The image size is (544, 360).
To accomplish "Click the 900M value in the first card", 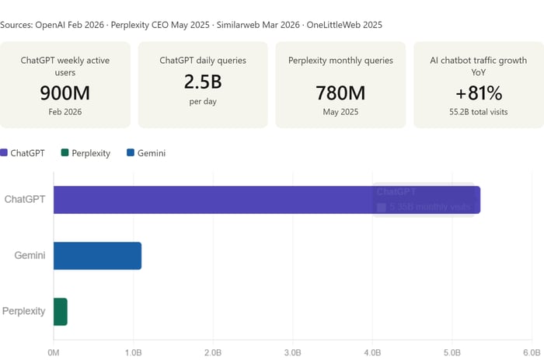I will [65, 93].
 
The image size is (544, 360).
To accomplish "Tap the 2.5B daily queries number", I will [202, 82].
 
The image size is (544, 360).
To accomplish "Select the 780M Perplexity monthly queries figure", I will [340, 93].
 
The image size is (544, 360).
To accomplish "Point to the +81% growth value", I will [478, 93].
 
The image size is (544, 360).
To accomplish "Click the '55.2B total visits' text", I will [478, 112].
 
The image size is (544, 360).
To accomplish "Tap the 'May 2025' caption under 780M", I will [340, 112].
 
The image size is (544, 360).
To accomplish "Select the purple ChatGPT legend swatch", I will [5, 153].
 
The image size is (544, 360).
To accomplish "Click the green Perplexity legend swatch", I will [65, 153].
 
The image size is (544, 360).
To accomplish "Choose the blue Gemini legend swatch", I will [130, 153].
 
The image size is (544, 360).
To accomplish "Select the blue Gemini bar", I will [97, 256].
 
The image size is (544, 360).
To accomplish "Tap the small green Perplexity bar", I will [61, 312].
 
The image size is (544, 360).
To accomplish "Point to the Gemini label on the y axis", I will [30, 256].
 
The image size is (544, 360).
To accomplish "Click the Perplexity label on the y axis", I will [23, 312].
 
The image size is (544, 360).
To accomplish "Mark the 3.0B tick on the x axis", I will [292, 351].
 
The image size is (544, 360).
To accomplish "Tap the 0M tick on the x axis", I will [54, 351].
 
